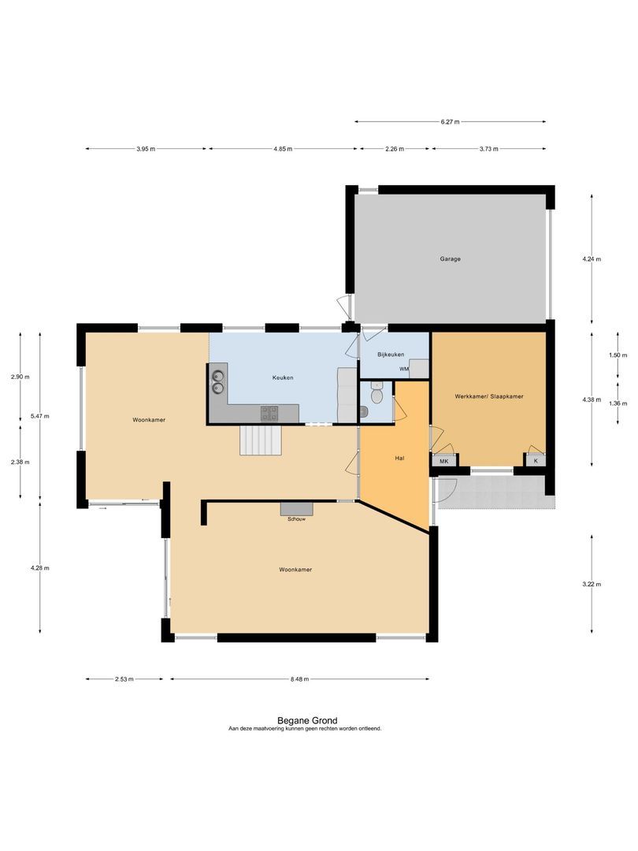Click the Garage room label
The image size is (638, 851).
pos(451,259)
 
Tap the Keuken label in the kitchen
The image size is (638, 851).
pos(283,377)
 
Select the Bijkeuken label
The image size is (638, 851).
pos(391,355)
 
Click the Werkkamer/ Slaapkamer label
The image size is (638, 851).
pos(489,396)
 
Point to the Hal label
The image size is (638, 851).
pos(400,458)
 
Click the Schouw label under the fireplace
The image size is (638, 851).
pos(296,518)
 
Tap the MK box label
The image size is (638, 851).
pos(444,461)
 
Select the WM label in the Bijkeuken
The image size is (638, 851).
pos(404,369)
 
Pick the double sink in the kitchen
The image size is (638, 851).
pos(217,381)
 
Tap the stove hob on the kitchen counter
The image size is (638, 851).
pos(269,413)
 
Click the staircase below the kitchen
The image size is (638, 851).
pos(262,440)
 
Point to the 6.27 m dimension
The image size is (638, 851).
pos(451,122)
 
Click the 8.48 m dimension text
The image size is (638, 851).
pos(299,679)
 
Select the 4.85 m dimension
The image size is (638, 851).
pos(283,149)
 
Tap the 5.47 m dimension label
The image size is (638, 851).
pos(39,416)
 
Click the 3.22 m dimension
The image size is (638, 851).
pos(592,585)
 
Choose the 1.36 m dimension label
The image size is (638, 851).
pos(618,403)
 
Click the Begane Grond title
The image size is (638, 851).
pos(307,721)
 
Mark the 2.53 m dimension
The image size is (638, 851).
pos(124,679)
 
